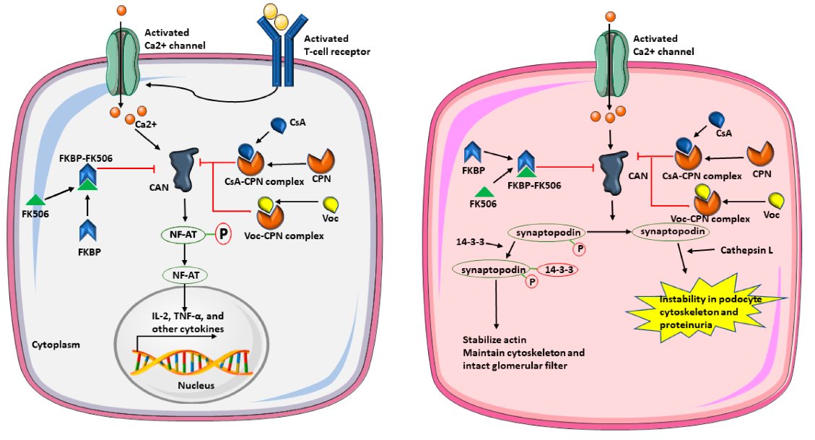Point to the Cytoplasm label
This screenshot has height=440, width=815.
56,345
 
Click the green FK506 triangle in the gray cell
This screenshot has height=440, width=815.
35,200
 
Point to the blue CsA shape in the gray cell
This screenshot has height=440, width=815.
279,126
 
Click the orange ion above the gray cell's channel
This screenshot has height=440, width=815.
121,10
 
